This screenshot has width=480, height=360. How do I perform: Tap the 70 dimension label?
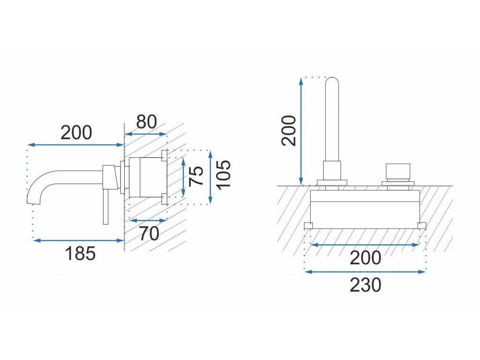[x=149, y=233]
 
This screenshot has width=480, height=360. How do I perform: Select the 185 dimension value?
[x=80, y=254]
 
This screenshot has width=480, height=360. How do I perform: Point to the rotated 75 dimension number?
[x=197, y=176]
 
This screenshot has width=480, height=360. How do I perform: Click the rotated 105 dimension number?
[x=224, y=174]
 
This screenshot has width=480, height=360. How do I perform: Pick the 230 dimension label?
[x=365, y=285]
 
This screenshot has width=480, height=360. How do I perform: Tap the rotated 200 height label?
[x=290, y=130]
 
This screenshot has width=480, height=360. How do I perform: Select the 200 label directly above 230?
[x=365, y=257]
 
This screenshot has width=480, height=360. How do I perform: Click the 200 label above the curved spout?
[x=76, y=133]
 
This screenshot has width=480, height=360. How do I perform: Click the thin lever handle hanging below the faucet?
[x=106, y=206]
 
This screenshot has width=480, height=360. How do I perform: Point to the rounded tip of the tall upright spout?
[x=332, y=81]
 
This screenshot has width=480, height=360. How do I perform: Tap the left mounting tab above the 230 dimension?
[x=308, y=226]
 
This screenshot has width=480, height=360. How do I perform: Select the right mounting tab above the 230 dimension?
[x=422, y=226]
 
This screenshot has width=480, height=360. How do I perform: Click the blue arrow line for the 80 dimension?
[x=145, y=134]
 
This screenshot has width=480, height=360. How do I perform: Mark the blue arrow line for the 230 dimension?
[x=365, y=271]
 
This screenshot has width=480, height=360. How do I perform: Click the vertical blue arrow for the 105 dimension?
[x=210, y=177]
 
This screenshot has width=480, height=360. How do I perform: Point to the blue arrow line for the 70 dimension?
[x=148, y=220]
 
